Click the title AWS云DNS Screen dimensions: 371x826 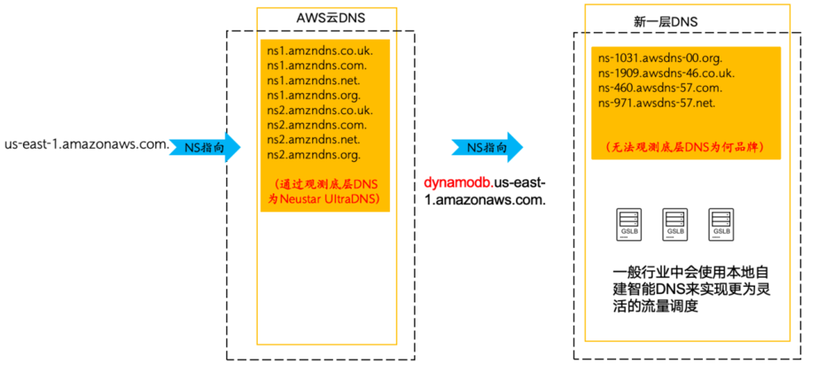328,18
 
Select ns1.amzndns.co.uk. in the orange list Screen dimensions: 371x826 317,50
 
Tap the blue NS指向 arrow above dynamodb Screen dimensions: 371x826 487,148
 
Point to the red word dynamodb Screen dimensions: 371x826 453,182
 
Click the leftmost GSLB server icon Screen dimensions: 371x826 629,224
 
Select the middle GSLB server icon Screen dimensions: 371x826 674,224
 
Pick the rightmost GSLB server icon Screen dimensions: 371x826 720,224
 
